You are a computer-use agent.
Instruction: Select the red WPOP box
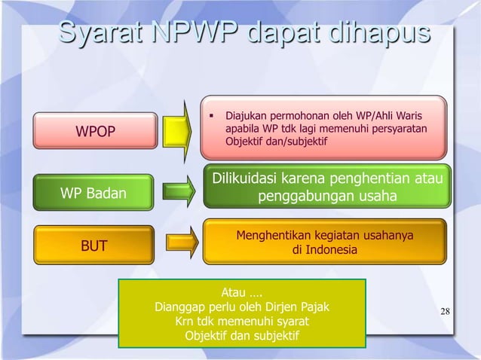click(94, 133)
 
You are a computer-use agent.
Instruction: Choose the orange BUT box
click(94, 246)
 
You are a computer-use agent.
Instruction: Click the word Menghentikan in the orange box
click(271, 235)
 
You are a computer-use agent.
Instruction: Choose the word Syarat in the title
click(99, 35)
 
